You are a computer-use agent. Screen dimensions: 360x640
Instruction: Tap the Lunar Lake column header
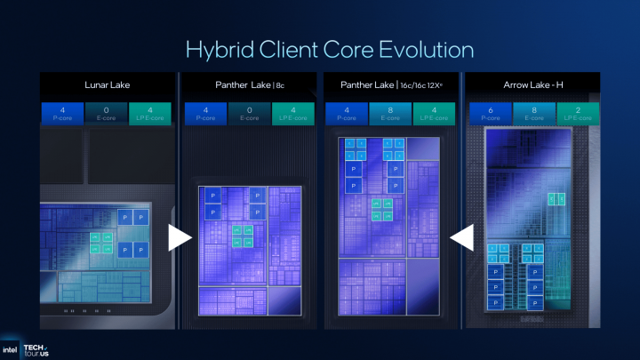[x=108, y=84]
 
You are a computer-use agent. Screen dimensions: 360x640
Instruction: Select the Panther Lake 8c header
[x=251, y=84]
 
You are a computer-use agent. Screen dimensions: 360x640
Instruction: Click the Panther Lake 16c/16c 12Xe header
[x=392, y=84]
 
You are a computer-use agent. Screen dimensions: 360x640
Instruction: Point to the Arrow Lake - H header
[x=532, y=84]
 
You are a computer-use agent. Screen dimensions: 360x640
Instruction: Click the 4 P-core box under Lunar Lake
[x=63, y=114]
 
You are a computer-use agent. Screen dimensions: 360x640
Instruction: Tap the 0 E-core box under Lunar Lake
[x=108, y=114]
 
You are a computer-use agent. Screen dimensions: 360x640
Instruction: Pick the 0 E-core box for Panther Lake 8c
[x=250, y=114]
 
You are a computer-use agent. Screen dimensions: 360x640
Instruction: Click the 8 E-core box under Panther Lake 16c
[x=392, y=114]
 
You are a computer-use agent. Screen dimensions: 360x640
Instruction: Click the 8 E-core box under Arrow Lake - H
[x=532, y=114]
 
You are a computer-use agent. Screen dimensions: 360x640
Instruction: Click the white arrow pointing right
[x=180, y=237]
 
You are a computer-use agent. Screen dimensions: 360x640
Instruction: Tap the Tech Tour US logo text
[x=36, y=348]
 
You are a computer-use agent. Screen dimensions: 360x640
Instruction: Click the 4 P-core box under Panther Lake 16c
[x=347, y=114]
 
